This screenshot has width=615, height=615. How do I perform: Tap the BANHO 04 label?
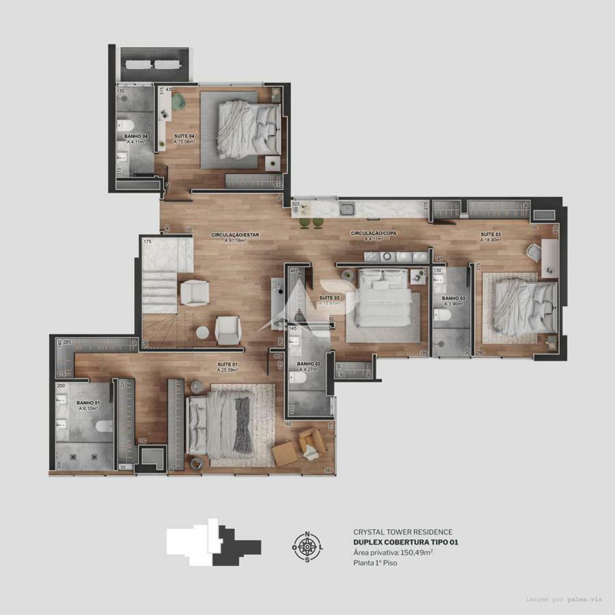[x=135, y=137]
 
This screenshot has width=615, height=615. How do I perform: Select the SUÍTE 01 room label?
[x=228, y=364]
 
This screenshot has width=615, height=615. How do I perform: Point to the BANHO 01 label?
[x=88, y=403]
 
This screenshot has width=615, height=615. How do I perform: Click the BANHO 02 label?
[x=309, y=364]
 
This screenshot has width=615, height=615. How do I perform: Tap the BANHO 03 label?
[x=453, y=299]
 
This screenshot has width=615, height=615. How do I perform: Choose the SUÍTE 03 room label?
[x=490, y=234]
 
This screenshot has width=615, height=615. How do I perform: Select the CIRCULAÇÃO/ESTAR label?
[x=235, y=235]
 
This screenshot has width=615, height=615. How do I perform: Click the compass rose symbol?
[x=307, y=546]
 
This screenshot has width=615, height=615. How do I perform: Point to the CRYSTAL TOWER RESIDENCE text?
[x=402, y=532]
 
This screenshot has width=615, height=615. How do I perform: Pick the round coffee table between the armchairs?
[x=202, y=333]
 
